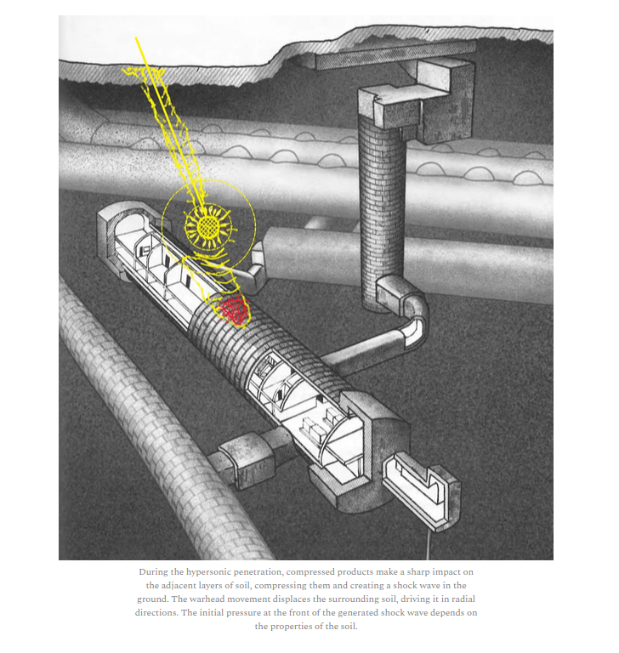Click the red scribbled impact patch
[x=235, y=310]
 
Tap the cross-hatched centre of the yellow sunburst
[x=207, y=226]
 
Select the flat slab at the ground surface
[x=395, y=55]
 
